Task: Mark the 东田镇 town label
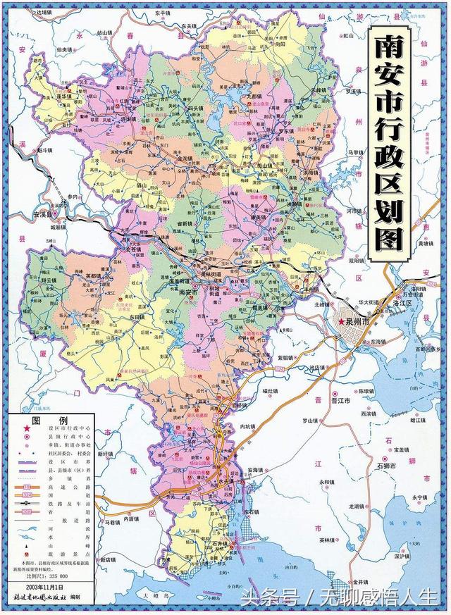[x=137, y=318]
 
